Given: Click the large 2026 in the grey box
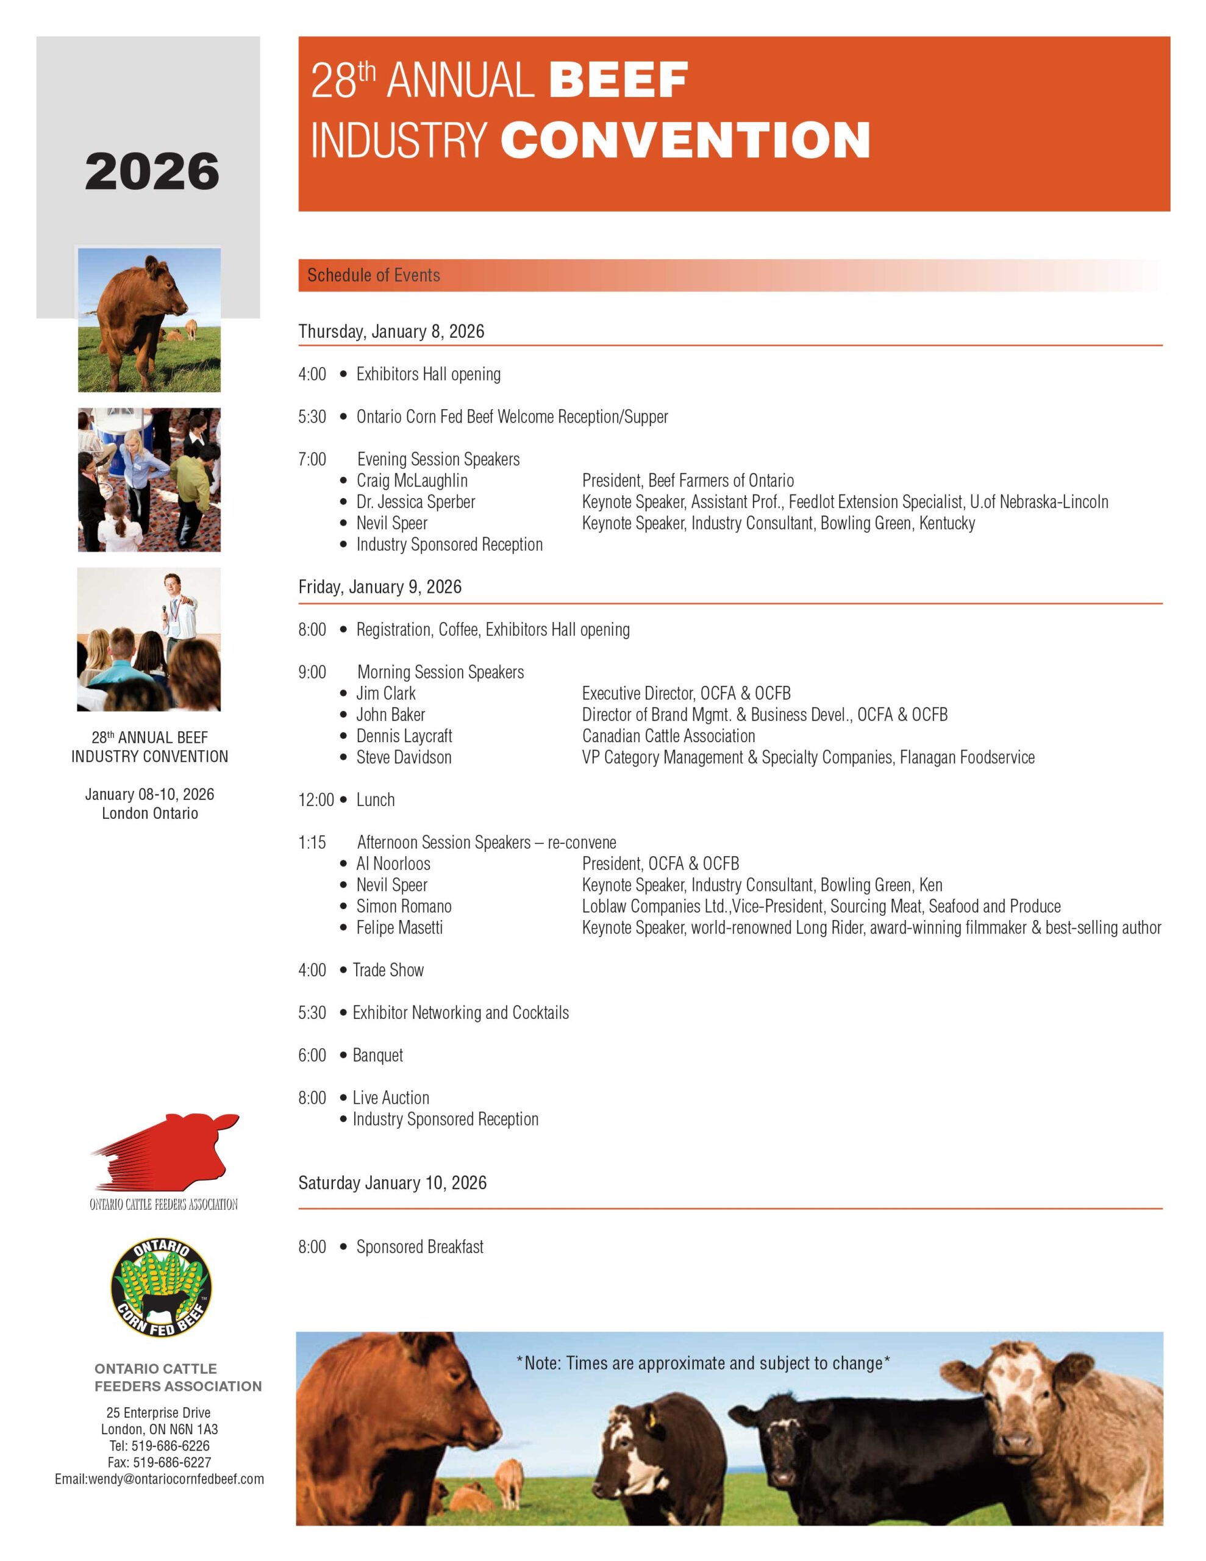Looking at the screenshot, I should tap(152, 171).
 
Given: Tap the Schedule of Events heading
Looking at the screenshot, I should tap(373, 275).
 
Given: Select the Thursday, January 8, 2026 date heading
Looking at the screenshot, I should tap(391, 332).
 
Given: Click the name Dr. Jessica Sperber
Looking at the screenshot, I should tap(415, 502).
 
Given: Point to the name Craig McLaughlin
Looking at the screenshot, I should tap(412, 480).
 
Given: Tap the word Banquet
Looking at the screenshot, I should tap(377, 1055).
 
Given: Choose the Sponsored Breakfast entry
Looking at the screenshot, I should tap(419, 1246).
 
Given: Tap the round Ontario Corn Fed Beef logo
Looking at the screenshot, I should tap(162, 1288).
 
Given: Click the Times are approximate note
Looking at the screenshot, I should tap(703, 1363).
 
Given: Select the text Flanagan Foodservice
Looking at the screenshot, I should tap(966, 757).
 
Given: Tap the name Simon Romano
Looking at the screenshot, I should tap(404, 906).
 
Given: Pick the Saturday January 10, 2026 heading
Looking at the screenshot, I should tap(393, 1183).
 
